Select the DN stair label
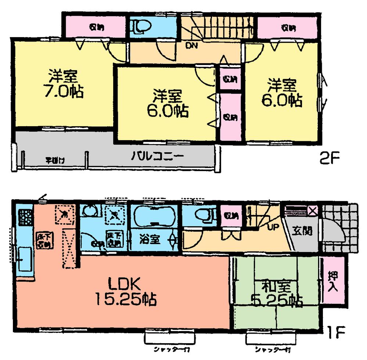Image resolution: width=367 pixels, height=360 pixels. click(190, 46)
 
